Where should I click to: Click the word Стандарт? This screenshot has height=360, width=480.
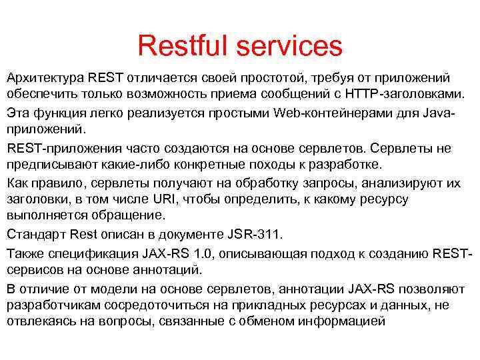pos(34,234)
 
